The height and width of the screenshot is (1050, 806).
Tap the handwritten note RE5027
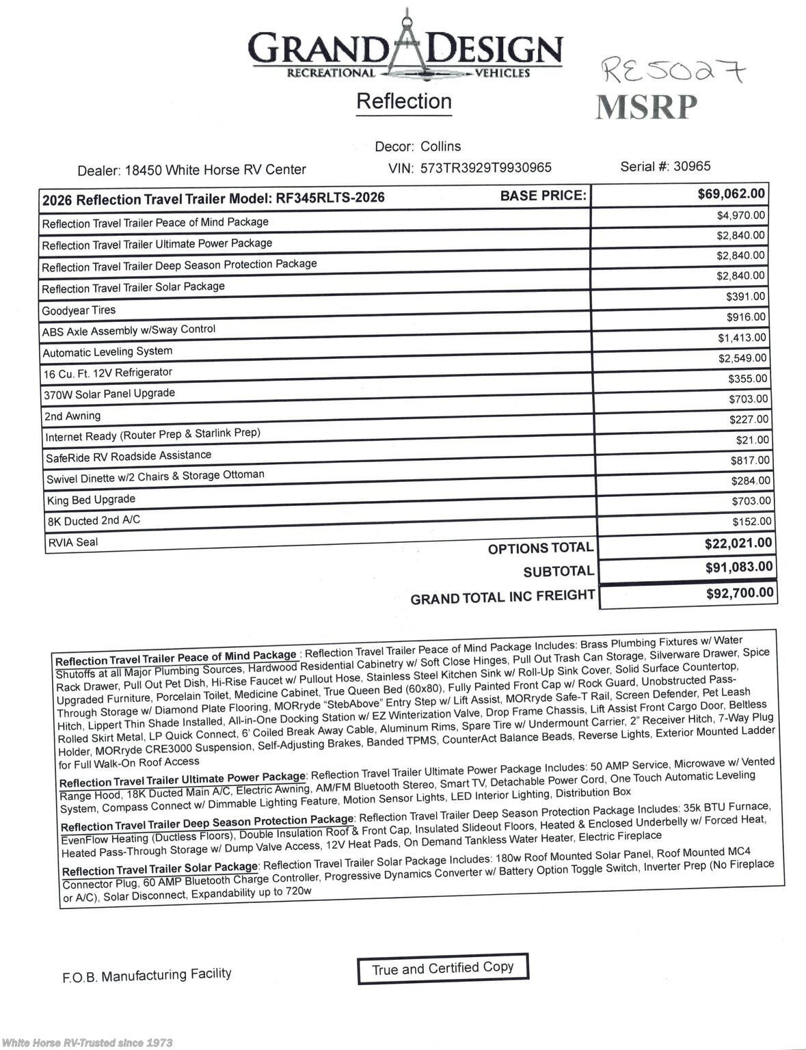[673, 70]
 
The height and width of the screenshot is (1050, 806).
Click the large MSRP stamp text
[646, 107]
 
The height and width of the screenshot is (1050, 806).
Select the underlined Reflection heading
[404, 102]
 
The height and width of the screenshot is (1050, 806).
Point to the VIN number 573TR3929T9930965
[485, 167]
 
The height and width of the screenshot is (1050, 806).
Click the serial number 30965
[692, 166]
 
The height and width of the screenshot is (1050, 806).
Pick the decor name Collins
[440, 146]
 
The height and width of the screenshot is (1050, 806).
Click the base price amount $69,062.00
[731, 194]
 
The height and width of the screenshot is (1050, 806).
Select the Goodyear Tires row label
[79, 310]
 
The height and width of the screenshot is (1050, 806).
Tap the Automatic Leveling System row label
[107, 352]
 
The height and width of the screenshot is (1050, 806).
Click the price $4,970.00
[740, 215]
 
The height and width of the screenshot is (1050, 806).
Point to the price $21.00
[752, 440]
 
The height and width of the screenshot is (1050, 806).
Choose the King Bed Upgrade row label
[91, 500]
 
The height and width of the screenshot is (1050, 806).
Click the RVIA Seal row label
[72, 543]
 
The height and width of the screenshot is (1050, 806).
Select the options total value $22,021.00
[738, 543]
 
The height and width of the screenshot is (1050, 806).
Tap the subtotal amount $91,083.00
[738, 567]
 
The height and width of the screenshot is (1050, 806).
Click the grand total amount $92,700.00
[740, 593]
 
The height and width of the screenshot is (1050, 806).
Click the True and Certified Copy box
[442, 968]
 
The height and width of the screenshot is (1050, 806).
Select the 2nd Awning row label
[72, 416]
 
